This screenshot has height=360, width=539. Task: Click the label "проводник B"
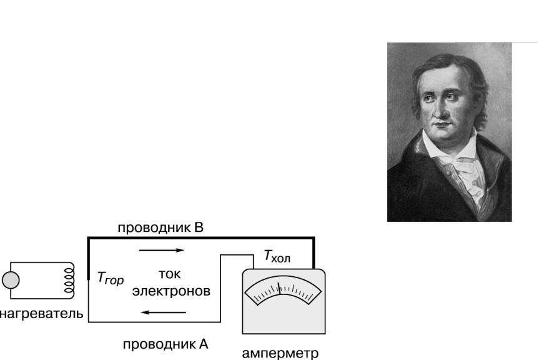click(161, 228)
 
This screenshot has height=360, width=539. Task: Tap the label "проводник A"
click(166, 344)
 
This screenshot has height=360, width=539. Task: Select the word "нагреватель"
click(41, 314)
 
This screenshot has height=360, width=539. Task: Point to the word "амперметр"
click(280, 354)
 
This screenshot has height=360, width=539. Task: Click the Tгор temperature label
click(111, 278)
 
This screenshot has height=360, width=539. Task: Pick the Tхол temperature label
click(277, 256)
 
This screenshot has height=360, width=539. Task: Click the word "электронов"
click(171, 291)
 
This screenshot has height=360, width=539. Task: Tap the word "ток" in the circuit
click(170, 274)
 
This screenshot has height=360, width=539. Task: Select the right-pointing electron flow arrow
click(162, 251)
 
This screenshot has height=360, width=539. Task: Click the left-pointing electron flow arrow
click(163, 312)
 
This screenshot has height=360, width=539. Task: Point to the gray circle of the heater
click(11, 280)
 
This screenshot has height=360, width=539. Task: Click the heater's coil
click(69, 281)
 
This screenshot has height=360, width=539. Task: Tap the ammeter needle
click(279, 289)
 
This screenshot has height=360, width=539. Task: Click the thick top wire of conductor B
click(201, 237)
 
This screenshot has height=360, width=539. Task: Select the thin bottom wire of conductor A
click(154, 322)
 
